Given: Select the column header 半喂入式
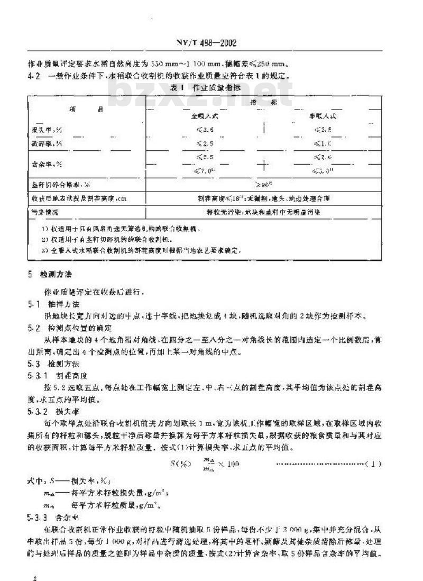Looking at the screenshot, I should tap(323, 114).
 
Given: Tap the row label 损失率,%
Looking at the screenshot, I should tap(44, 129).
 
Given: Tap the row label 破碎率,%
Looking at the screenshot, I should tap(44, 143).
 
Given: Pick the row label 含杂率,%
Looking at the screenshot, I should tap(44, 165).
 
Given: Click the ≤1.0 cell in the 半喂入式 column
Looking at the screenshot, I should tap(323, 143).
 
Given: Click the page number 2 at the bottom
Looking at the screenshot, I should tap(34, 565).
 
